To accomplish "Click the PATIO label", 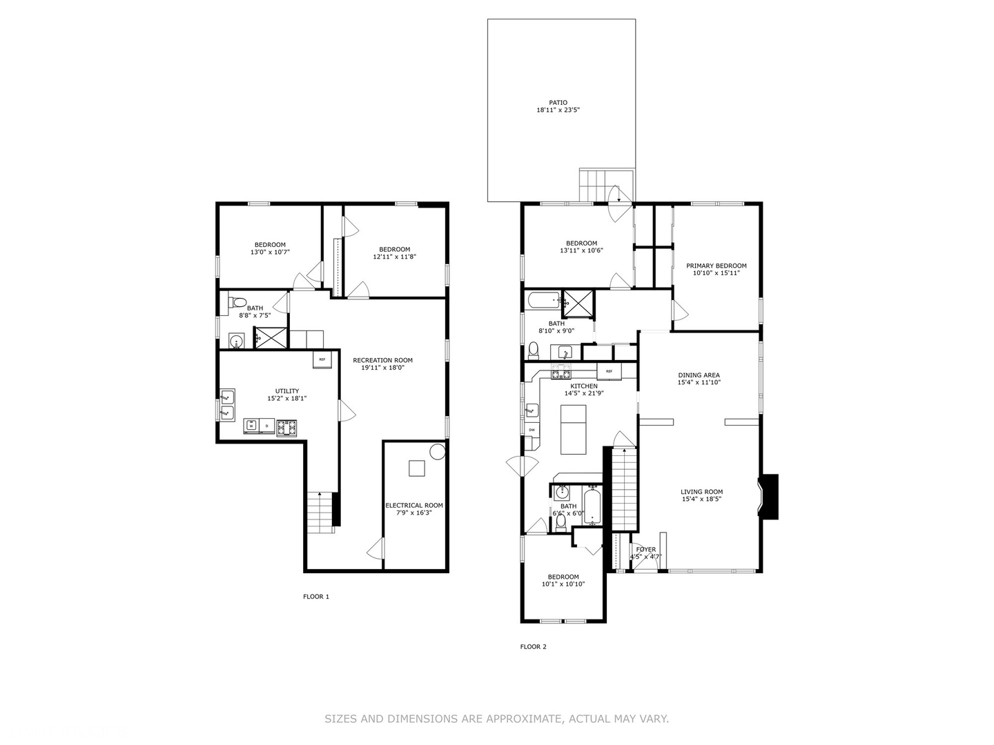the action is coord(558,103).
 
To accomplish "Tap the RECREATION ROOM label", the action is coord(382,361).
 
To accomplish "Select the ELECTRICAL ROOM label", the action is coord(414,505).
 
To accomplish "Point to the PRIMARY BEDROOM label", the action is coord(716,266).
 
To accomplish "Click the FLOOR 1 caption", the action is coord(316,597).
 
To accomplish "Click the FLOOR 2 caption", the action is coord(533,647).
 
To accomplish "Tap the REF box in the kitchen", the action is coord(609,371).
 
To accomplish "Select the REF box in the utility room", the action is coord(322,359).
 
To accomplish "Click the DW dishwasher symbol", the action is coord(532,430).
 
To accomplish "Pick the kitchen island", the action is coord(574,429).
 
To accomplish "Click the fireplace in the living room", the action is coord(768,496).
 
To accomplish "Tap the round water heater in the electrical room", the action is coord(438,452).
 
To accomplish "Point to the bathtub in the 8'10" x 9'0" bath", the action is coord(543,299).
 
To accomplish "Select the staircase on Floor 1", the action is coord(322,513).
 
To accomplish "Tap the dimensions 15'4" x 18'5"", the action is coord(701,499).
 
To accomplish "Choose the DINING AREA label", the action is coord(699,375).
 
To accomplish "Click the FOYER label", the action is coord(646,550).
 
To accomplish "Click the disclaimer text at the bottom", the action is coord(496,719).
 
